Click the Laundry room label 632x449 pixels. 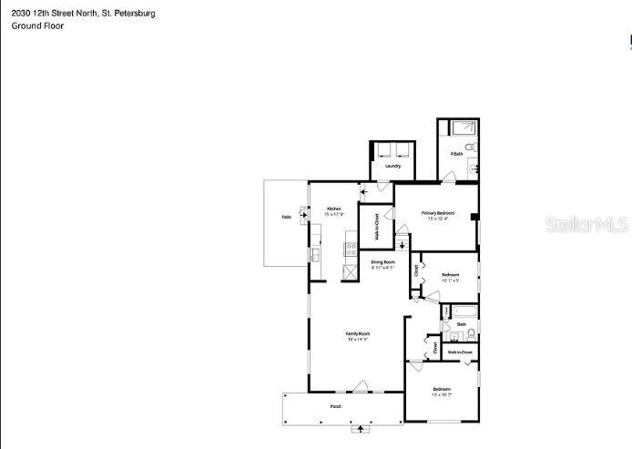(x=392, y=166)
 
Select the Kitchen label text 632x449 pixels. (x=334, y=209)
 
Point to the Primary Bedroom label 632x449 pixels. (x=437, y=213)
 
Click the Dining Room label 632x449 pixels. (x=382, y=262)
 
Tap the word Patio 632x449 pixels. (x=286, y=217)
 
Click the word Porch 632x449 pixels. (x=335, y=405)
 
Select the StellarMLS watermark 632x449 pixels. (x=586, y=224)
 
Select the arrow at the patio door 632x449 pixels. (x=362, y=191)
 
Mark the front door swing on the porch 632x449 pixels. (x=363, y=385)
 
